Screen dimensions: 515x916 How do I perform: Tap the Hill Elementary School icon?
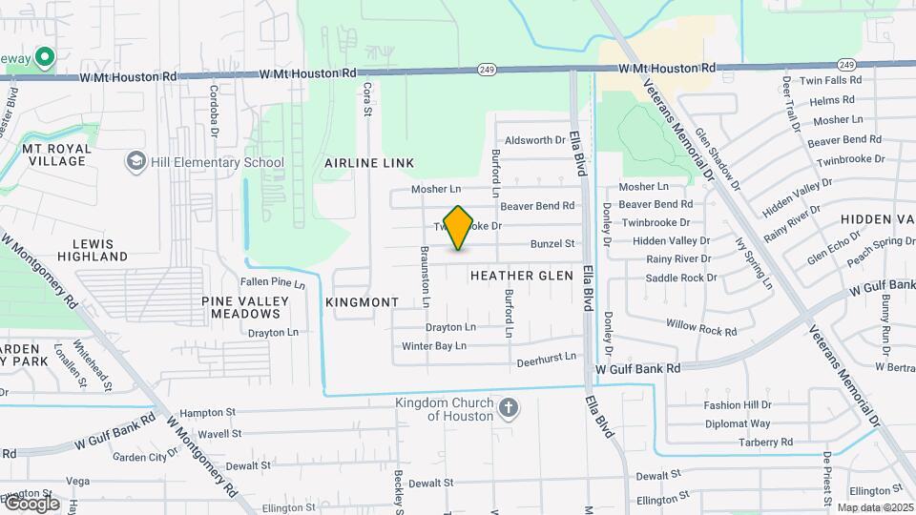(137, 161)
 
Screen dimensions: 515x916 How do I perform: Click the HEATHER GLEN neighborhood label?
(522, 276)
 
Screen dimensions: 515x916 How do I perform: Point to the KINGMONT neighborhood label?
(362, 302)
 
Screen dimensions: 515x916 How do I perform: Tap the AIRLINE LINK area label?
(368, 164)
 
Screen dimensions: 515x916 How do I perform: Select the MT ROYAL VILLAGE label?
(56, 154)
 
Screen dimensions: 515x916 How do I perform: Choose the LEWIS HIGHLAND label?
(92, 250)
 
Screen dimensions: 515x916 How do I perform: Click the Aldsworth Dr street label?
(534, 140)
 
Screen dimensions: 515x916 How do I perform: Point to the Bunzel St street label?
(552, 244)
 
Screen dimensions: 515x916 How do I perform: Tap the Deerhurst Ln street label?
(547, 358)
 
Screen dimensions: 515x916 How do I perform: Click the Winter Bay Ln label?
(434, 346)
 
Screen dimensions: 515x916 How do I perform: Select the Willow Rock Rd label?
(702, 328)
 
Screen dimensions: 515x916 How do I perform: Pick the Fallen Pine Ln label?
(272, 282)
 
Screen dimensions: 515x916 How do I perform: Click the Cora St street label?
(366, 99)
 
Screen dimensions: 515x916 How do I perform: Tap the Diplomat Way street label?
(737, 423)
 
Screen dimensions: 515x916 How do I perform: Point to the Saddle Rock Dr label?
(681, 278)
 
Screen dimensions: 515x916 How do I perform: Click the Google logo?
(31, 504)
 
